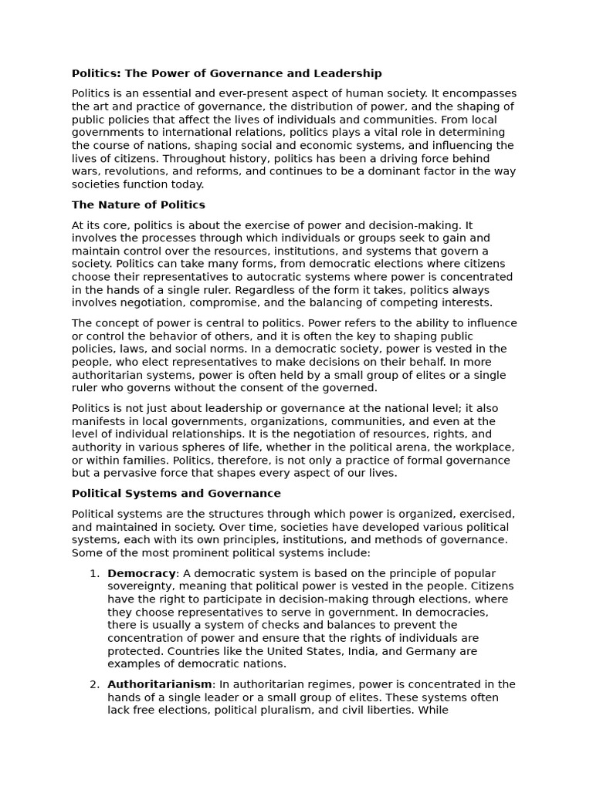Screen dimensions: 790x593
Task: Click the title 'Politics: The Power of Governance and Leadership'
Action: [x=226, y=73]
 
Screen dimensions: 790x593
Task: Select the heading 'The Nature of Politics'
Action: [x=138, y=205]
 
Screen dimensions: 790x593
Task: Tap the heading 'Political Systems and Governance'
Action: [x=176, y=494]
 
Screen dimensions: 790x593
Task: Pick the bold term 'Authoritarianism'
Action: [x=160, y=684]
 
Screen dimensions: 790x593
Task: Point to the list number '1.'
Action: [x=94, y=573]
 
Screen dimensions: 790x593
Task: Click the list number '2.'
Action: [x=94, y=684]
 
